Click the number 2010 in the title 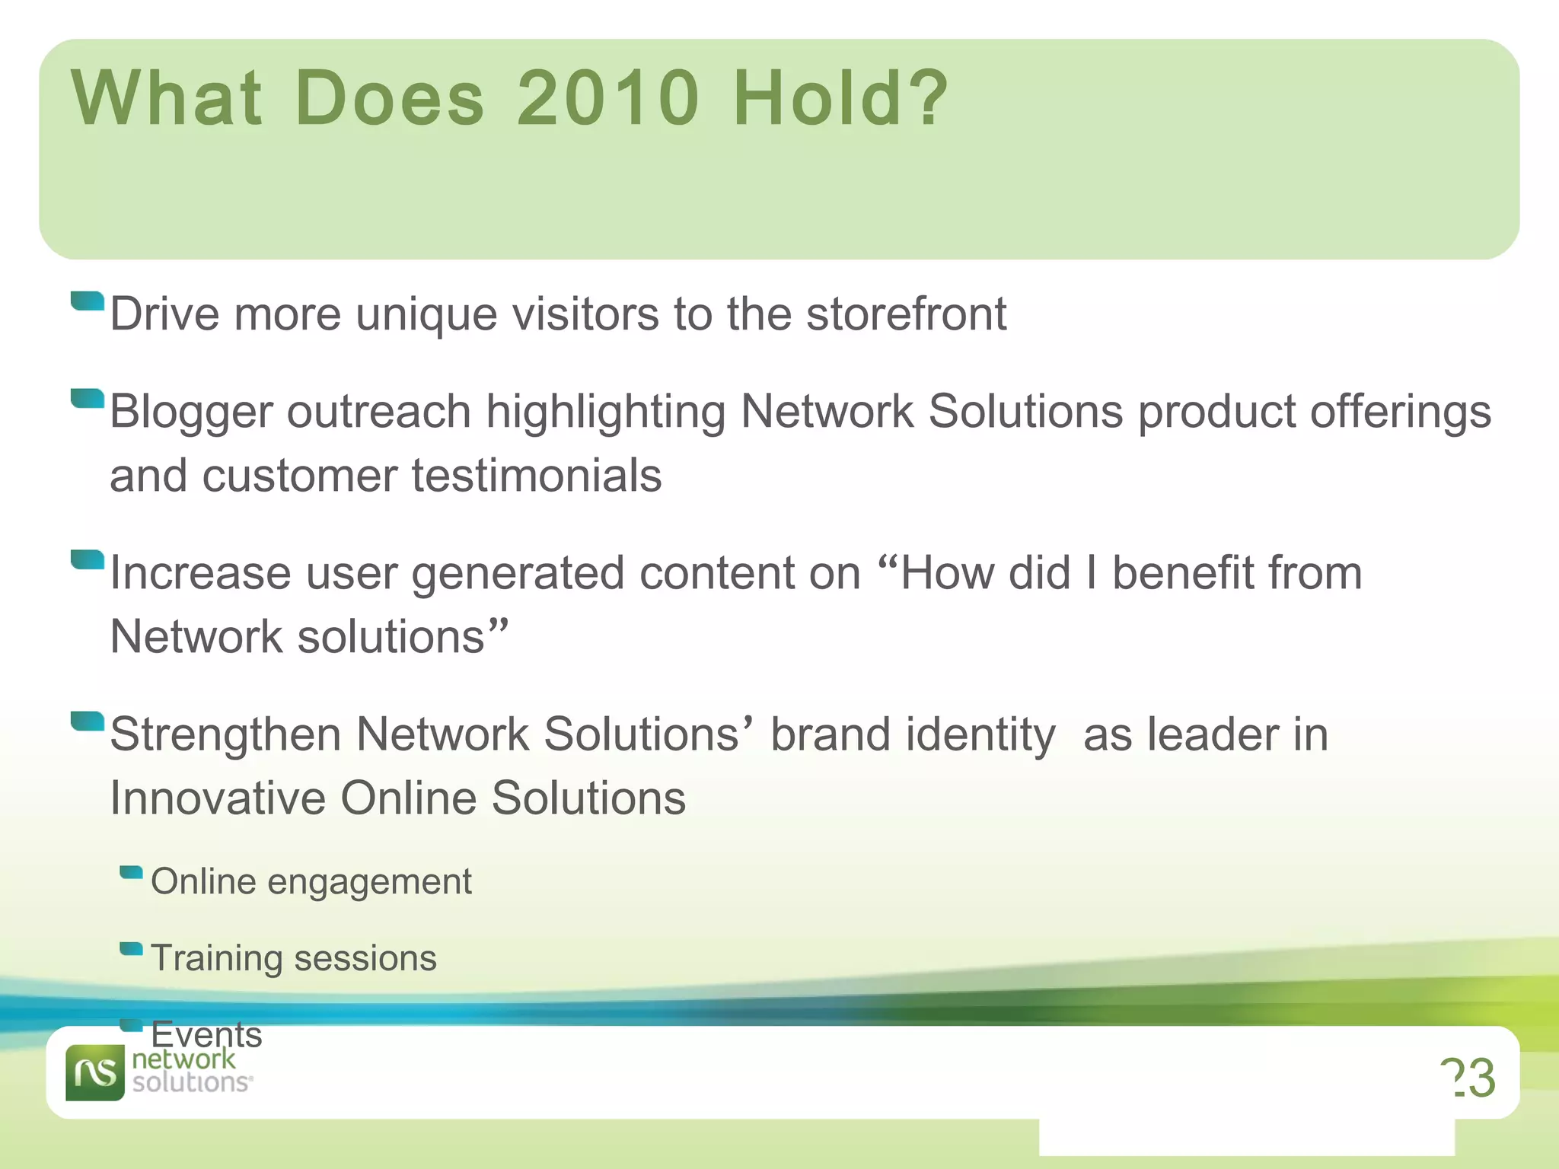(x=607, y=97)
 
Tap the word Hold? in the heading (x=840, y=97)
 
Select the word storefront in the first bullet (x=906, y=314)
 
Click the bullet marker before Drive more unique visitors (x=87, y=302)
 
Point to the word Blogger (x=190, y=412)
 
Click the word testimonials (x=537, y=476)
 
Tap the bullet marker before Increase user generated (x=87, y=560)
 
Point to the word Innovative (x=218, y=798)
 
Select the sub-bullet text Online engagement (x=311, y=881)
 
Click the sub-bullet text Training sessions (x=293, y=957)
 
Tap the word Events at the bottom (x=206, y=1034)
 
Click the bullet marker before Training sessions (x=131, y=949)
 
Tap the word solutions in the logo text (x=190, y=1082)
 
